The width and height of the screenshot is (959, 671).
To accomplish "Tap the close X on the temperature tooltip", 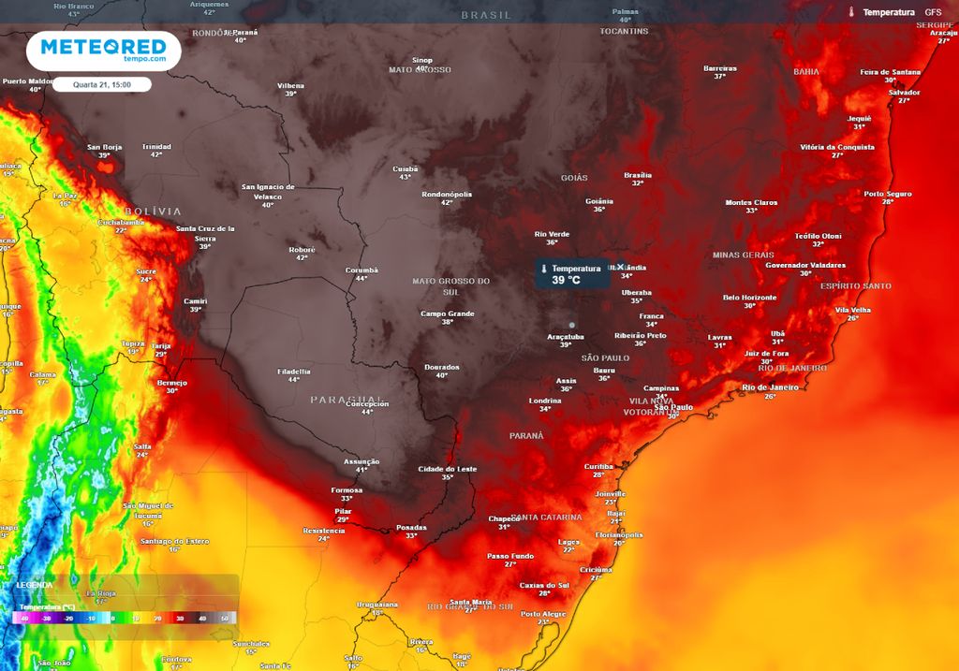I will coord(620,268).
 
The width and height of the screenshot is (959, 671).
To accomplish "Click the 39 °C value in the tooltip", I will coord(566,280).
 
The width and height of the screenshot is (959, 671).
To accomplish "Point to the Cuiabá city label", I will coord(406,168).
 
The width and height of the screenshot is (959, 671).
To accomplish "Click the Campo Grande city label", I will coord(448,314).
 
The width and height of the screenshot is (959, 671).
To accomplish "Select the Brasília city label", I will coord(638,175).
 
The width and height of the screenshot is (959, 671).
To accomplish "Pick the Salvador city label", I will coord(905,92).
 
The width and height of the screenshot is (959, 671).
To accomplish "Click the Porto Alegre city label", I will coord(543,614).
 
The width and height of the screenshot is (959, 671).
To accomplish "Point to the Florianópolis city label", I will coord(619,535).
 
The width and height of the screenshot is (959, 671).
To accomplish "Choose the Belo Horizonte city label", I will coord(750,298).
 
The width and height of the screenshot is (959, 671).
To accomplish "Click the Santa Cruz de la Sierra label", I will coord(205,233).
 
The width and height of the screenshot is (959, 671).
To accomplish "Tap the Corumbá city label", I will coord(361,270).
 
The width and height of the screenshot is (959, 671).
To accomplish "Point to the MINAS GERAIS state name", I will coord(744,255).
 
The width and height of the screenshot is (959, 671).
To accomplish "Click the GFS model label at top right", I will coord(933,12).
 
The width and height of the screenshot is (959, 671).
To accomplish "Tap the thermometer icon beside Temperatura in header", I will coord(851,12).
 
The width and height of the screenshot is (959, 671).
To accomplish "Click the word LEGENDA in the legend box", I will coord(35,585).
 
